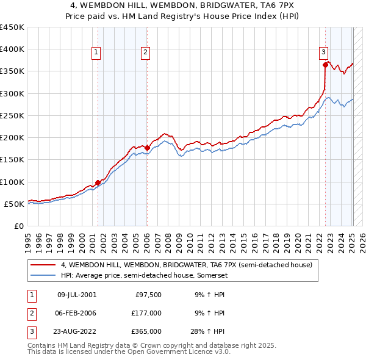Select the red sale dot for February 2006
pos(147,148)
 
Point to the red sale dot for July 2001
pos(98,182)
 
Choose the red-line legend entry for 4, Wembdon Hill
pos(186,265)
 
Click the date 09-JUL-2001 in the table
pos(77,295)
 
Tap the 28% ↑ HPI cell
pos(208,331)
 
